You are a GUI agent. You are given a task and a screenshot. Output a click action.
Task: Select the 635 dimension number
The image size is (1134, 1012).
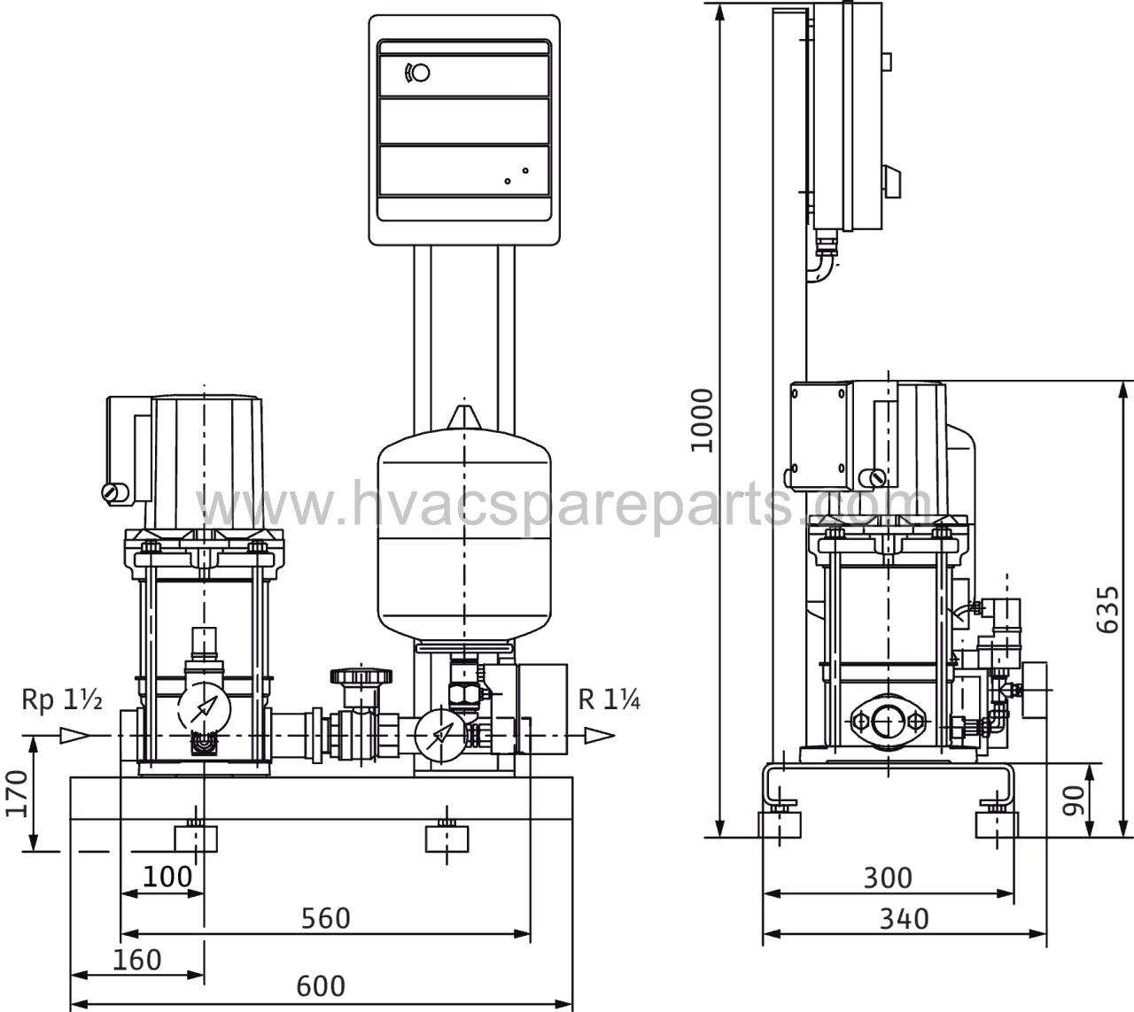click(1107, 610)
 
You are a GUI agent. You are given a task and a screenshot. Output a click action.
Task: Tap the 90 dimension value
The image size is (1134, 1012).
click(1073, 801)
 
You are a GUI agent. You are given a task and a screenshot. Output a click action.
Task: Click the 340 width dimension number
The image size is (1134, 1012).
click(904, 919)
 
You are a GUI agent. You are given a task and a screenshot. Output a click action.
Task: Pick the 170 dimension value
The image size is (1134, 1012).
click(16, 794)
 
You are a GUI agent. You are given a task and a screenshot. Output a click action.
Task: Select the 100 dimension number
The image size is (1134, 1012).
click(167, 877)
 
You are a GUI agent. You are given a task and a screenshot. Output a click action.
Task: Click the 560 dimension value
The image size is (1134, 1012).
click(326, 918)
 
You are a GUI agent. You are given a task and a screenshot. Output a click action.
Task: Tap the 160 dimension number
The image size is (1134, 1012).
click(137, 961)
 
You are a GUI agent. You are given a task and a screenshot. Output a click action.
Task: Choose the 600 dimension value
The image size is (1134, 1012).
click(321, 986)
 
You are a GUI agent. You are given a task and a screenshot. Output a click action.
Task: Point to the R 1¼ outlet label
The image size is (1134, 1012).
click(609, 699)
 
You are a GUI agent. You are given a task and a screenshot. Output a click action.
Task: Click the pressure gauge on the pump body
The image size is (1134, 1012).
click(204, 709)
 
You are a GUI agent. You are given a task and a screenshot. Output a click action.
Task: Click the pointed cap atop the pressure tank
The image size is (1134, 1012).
click(463, 418)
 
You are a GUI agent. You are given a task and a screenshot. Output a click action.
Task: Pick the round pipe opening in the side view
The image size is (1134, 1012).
click(888, 722)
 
